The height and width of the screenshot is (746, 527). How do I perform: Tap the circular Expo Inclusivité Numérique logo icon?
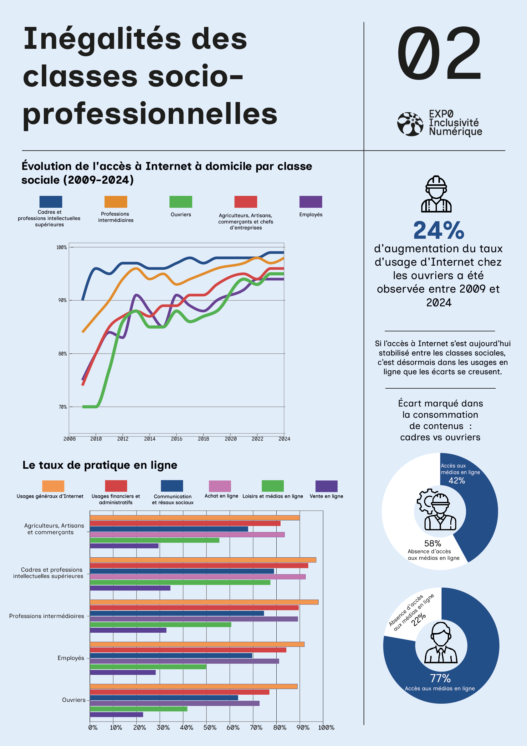[410, 124]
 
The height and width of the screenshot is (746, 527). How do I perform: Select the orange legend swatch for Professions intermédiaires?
[116, 202]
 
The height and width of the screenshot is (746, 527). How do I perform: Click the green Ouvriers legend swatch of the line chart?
[181, 202]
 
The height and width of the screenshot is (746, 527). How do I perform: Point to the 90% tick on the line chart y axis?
[62, 300]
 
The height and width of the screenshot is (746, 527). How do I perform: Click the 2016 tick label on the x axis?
[177, 439]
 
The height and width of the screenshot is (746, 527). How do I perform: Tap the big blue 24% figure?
[439, 230]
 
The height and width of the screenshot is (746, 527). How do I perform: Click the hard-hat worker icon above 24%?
[436, 194]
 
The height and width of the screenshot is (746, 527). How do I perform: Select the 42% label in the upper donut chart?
[457, 481]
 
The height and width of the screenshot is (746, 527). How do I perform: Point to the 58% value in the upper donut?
[432, 543]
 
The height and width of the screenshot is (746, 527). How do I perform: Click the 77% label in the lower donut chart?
[440, 678]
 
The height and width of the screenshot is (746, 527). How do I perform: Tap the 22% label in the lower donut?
[418, 619]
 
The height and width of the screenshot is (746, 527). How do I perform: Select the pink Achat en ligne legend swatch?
[220, 486]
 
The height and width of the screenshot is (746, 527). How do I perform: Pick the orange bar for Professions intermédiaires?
[204, 602]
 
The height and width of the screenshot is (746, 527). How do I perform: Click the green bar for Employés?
[148, 667]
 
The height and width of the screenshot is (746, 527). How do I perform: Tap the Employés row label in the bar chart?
[71, 658]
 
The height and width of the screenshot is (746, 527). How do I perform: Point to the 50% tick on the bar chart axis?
[210, 728]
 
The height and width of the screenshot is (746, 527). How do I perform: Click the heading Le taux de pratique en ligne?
[100, 465]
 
